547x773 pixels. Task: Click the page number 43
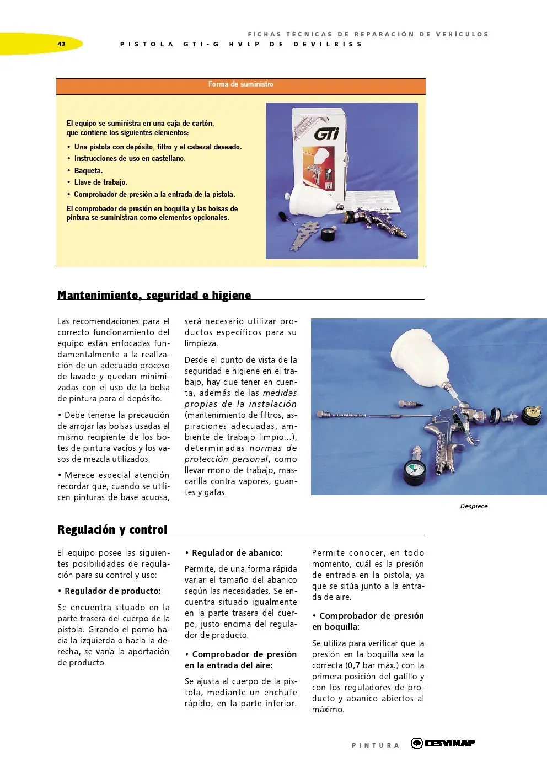(61, 44)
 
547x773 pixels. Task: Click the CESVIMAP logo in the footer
(443, 743)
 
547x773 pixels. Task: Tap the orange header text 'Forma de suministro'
(240, 84)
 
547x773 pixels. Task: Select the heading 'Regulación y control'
(112, 530)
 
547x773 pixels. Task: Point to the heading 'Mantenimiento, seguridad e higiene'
(154, 296)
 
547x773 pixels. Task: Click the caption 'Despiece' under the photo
(474, 506)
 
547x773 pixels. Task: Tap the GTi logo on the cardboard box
(326, 133)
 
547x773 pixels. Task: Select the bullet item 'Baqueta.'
(88, 171)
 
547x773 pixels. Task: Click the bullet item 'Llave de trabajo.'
(100, 182)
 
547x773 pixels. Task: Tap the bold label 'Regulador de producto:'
(112, 591)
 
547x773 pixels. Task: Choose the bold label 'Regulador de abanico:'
(237, 553)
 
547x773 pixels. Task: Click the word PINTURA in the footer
(376, 745)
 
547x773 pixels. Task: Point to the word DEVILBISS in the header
(328, 44)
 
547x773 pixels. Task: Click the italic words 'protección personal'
(226, 459)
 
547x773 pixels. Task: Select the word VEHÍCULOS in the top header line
(462, 34)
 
